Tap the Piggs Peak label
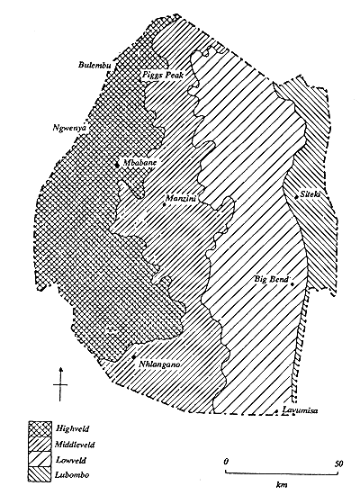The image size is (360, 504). click(164, 76)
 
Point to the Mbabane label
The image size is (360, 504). click(139, 163)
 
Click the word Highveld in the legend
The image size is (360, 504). click(74, 428)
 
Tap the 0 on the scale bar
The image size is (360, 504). click(226, 463)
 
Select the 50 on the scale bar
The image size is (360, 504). click(338, 463)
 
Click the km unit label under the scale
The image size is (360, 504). click(283, 482)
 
